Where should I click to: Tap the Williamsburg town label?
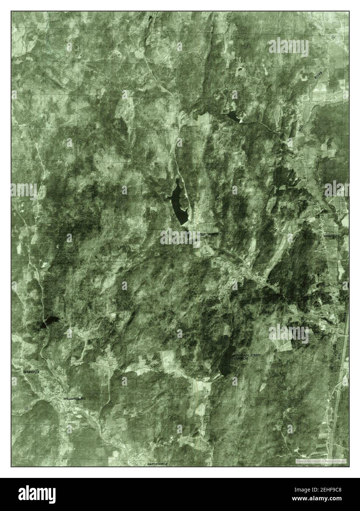tap(74, 399)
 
